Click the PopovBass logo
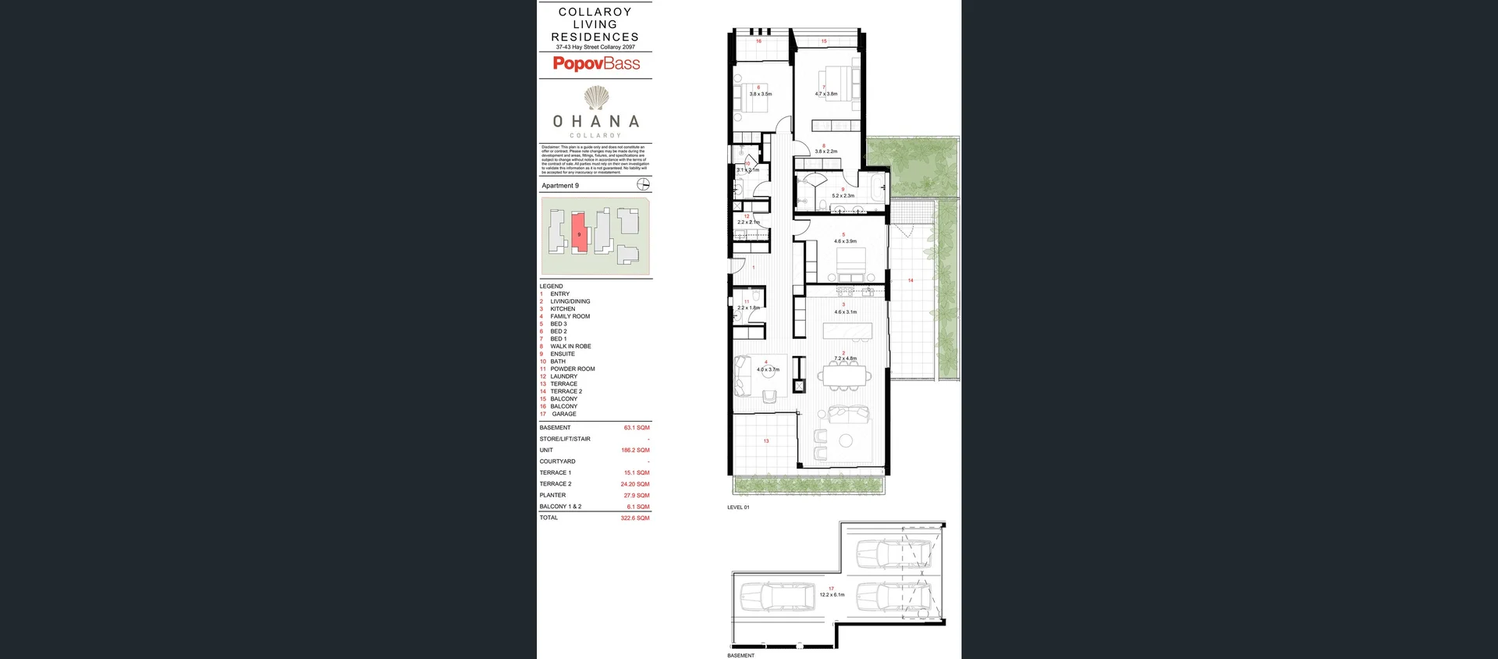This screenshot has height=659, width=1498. coord(596,64)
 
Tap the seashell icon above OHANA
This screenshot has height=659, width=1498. coord(597,98)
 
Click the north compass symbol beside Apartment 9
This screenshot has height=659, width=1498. coord(643,185)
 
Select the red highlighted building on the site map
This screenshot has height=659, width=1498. coord(579,232)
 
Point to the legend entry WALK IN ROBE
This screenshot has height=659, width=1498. coord(570,347)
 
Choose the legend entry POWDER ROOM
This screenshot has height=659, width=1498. coord(572,369)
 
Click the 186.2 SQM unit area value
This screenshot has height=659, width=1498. coord(635,451)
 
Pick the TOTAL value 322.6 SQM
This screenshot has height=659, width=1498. coord(635,518)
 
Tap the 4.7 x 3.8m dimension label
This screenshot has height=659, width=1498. coord(826,94)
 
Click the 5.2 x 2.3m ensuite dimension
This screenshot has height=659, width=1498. coord(843,196)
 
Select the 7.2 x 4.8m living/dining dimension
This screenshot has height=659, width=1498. coord(845,359)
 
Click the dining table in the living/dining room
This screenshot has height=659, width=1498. coord(844,376)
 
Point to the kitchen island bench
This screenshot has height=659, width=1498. coord(847,331)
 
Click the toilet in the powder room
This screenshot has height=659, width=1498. coord(737,315)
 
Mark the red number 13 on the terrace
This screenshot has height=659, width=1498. coord(766,441)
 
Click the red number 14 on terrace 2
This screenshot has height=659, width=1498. coord(911,280)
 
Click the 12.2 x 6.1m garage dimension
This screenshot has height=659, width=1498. coord(832,595)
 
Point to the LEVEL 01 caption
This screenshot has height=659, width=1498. coord(738,508)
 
